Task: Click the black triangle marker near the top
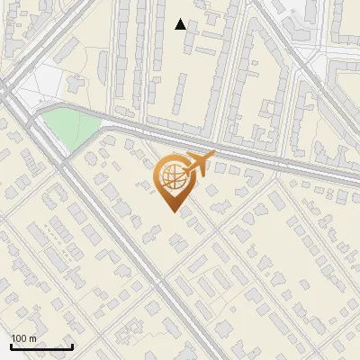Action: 181,24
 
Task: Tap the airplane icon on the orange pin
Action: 198,163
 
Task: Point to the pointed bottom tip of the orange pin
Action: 172,211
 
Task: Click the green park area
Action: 67,127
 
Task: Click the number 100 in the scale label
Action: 20,338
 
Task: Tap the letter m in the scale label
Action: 32,338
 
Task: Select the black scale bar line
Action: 41,346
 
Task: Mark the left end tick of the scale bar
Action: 11,345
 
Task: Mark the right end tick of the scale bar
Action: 72,345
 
